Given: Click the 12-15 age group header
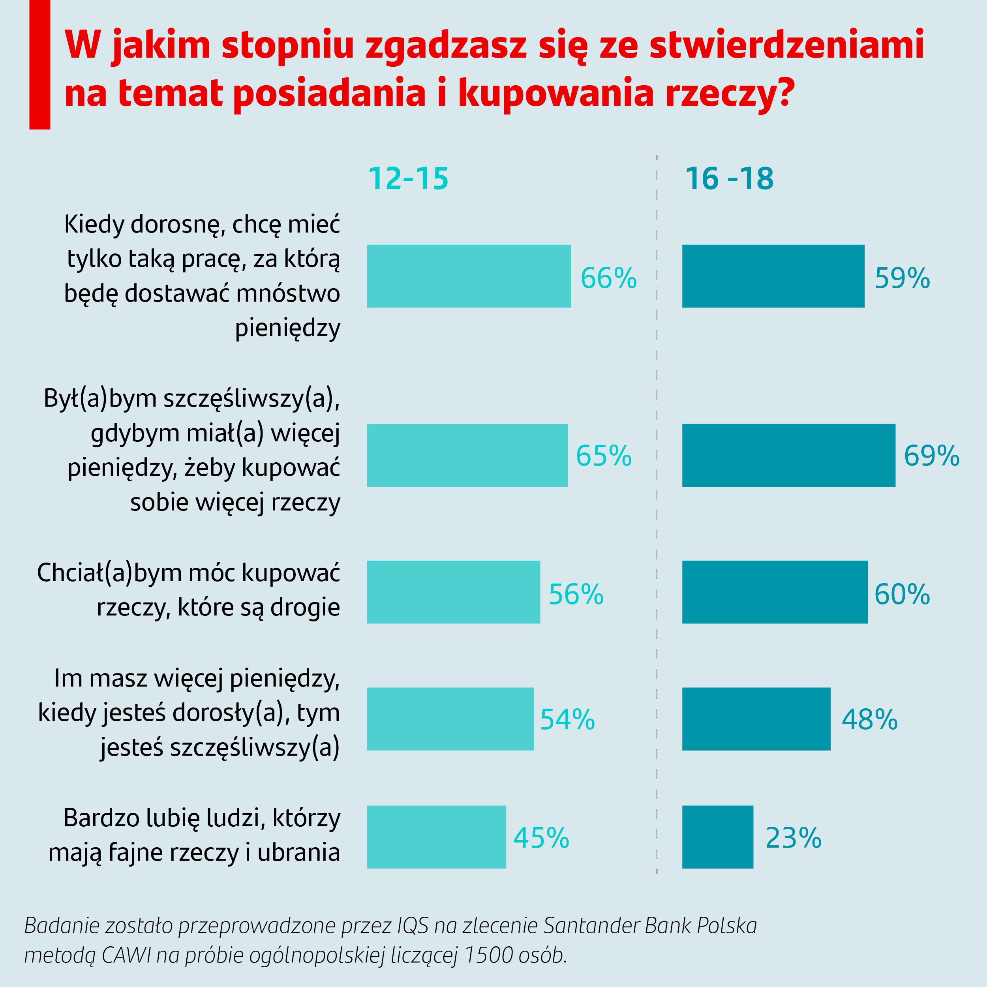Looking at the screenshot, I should tap(408, 179).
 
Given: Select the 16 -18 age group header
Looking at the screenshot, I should tap(729, 179).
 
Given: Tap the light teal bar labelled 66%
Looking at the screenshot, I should tap(469, 276).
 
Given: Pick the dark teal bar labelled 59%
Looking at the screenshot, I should tap(773, 276).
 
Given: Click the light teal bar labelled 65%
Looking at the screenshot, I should tap(467, 455).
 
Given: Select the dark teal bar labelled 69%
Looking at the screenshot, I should tap(788, 455).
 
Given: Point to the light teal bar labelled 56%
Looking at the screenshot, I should tap(453, 592).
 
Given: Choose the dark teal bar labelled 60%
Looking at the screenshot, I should tap(775, 592).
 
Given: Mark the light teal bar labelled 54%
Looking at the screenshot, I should tap(450, 719).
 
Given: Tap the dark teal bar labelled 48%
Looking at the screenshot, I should tap(756, 719).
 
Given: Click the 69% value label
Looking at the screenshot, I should tap(931, 456).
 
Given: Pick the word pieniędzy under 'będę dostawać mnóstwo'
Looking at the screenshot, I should tap(288, 328).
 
